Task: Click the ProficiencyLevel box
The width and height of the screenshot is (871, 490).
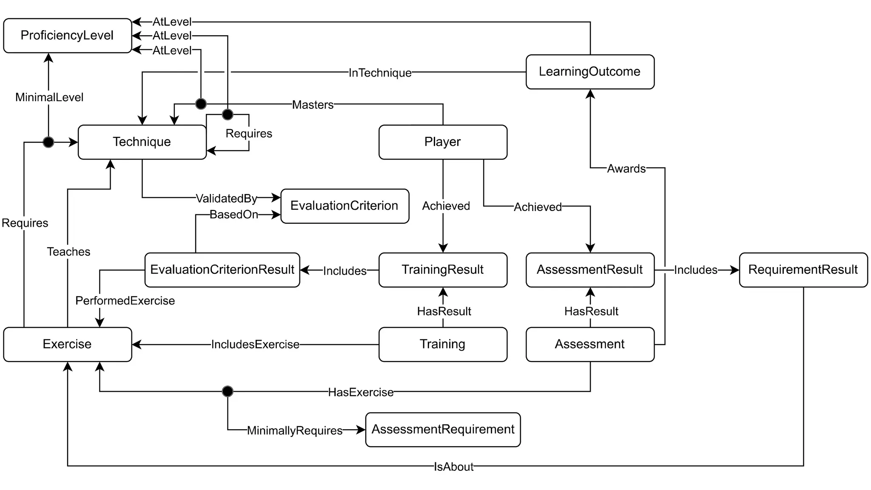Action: tap(67, 36)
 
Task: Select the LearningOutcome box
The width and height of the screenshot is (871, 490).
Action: tap(589, 72)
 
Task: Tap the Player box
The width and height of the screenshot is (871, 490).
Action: tap(442, 142)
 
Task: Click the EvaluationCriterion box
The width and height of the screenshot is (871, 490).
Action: tap(344, 206)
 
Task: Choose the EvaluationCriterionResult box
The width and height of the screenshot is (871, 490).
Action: tap(222, 270)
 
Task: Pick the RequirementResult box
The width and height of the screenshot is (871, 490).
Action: tap(803, 270)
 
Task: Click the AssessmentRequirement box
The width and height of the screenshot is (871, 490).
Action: tap(443, 430)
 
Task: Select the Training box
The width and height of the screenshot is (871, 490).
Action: tap(442, 344)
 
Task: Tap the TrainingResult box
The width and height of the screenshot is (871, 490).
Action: tap(442, 270)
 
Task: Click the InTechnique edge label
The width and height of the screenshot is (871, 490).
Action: tap(380, 73)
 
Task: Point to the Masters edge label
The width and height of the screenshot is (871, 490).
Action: tap(313, 105)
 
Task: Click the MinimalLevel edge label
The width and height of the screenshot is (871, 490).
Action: tap(49, 97)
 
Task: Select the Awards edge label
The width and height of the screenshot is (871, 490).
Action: tap(626, 168)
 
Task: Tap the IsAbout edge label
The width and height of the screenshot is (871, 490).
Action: tap(453, 467)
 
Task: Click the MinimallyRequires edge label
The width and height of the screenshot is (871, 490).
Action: tap(294, 430)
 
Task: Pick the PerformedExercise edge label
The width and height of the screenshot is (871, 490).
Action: tap(125, 301)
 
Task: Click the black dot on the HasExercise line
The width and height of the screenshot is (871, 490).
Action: tap(228, 391)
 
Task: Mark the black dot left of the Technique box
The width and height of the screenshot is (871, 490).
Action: tap(48, 142)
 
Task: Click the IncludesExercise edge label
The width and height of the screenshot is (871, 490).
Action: tap(255, 345)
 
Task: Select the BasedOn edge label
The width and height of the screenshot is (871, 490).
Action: tap(233, 215)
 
